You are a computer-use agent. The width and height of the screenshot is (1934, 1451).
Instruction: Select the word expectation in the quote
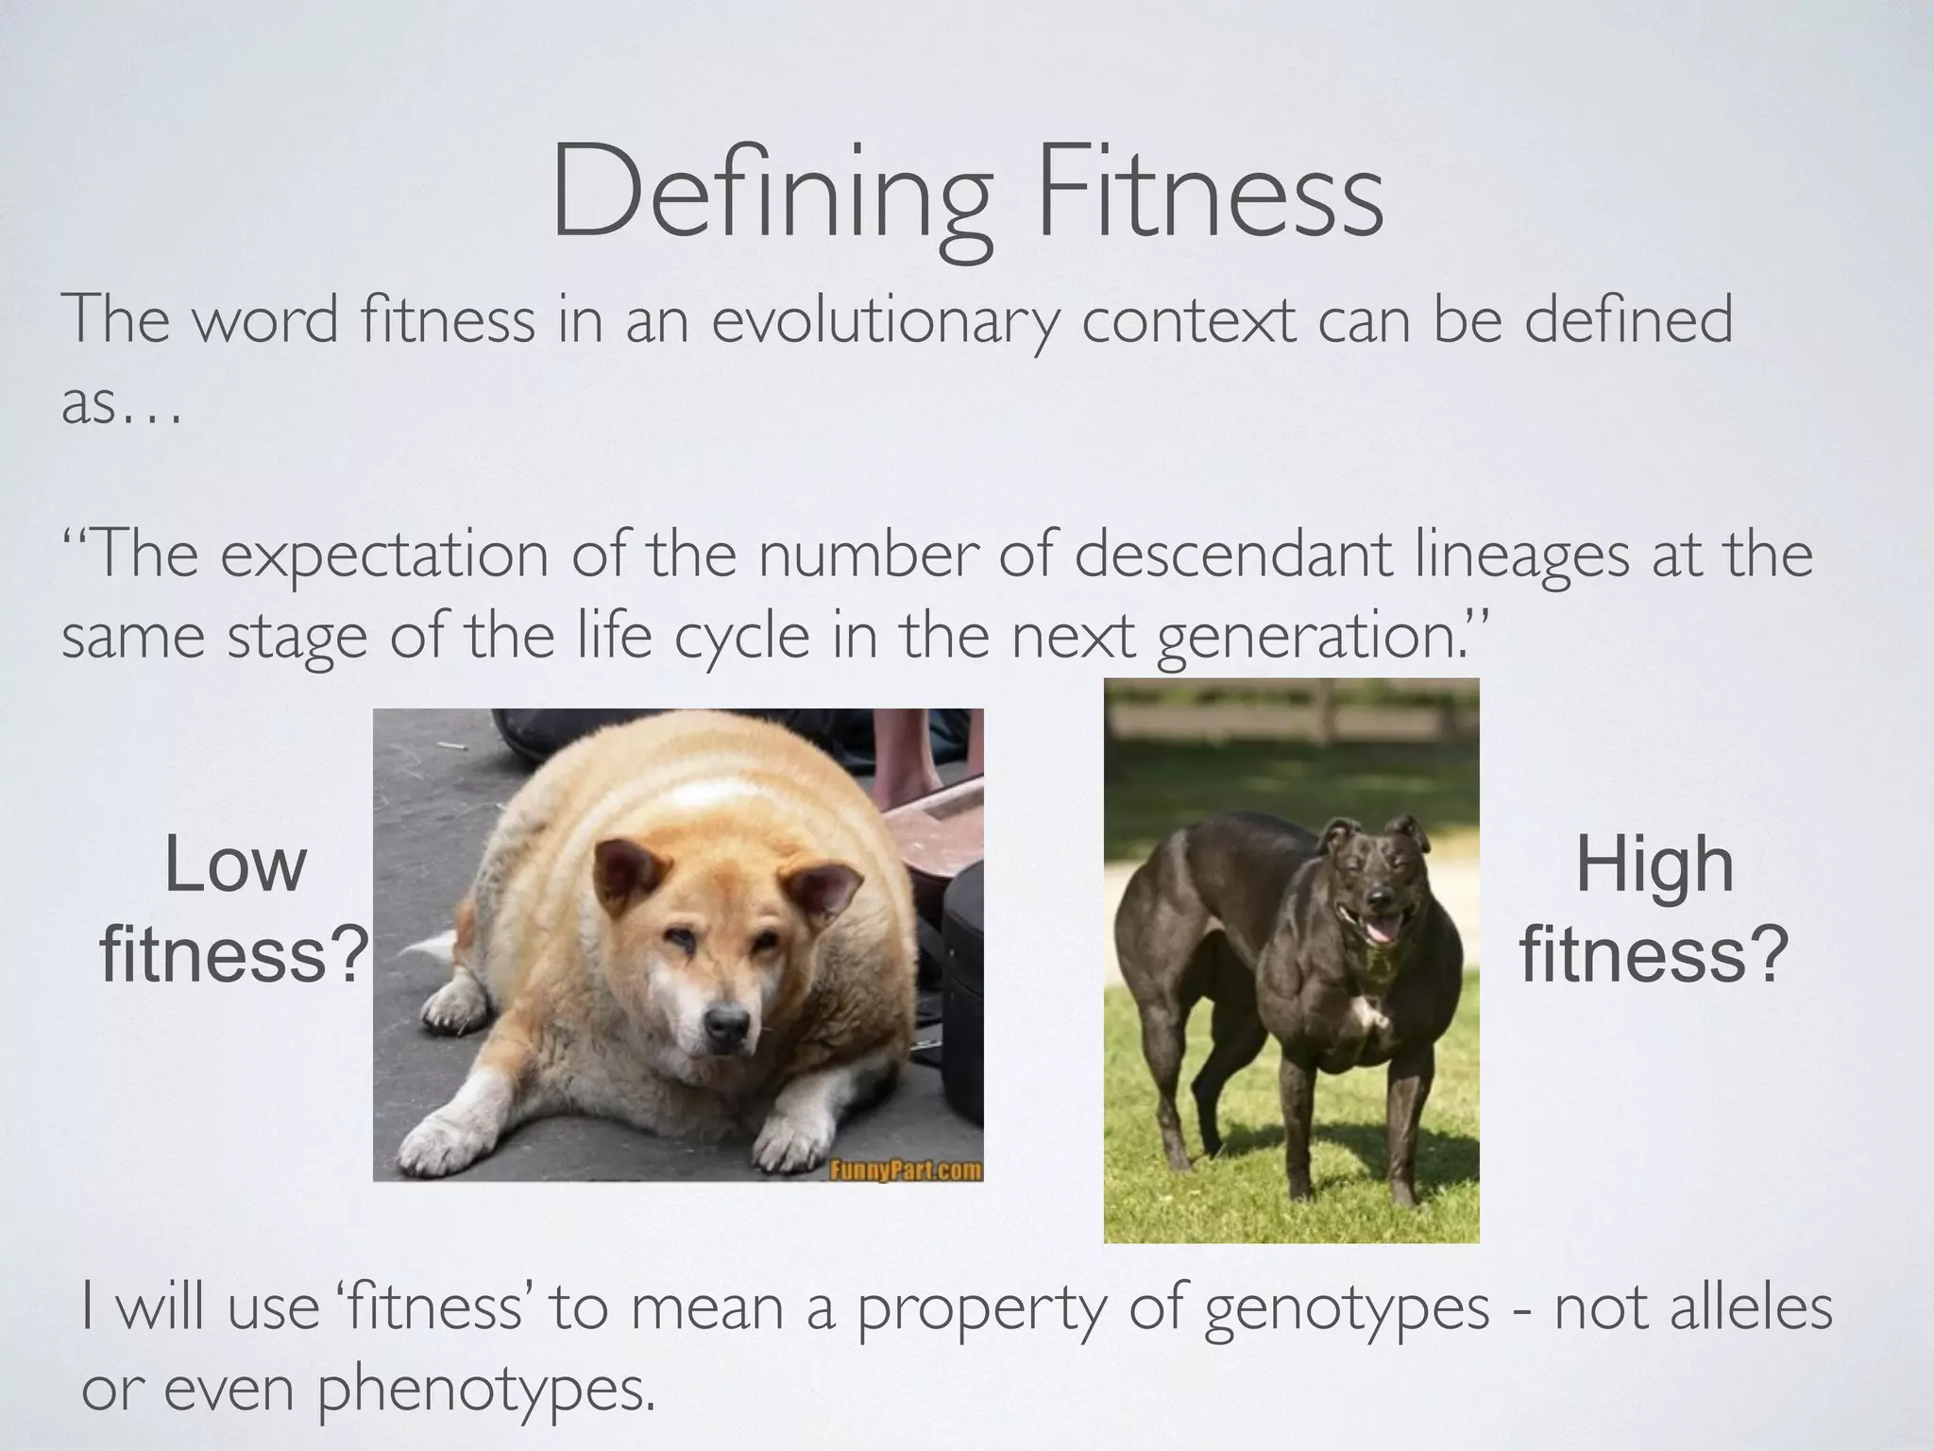[384, 557]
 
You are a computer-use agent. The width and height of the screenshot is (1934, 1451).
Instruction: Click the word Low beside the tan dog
[235, 865]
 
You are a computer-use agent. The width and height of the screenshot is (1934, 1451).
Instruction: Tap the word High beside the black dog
[1654, 865]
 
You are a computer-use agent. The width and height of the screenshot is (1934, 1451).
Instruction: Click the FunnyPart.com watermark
[904, 1171]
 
